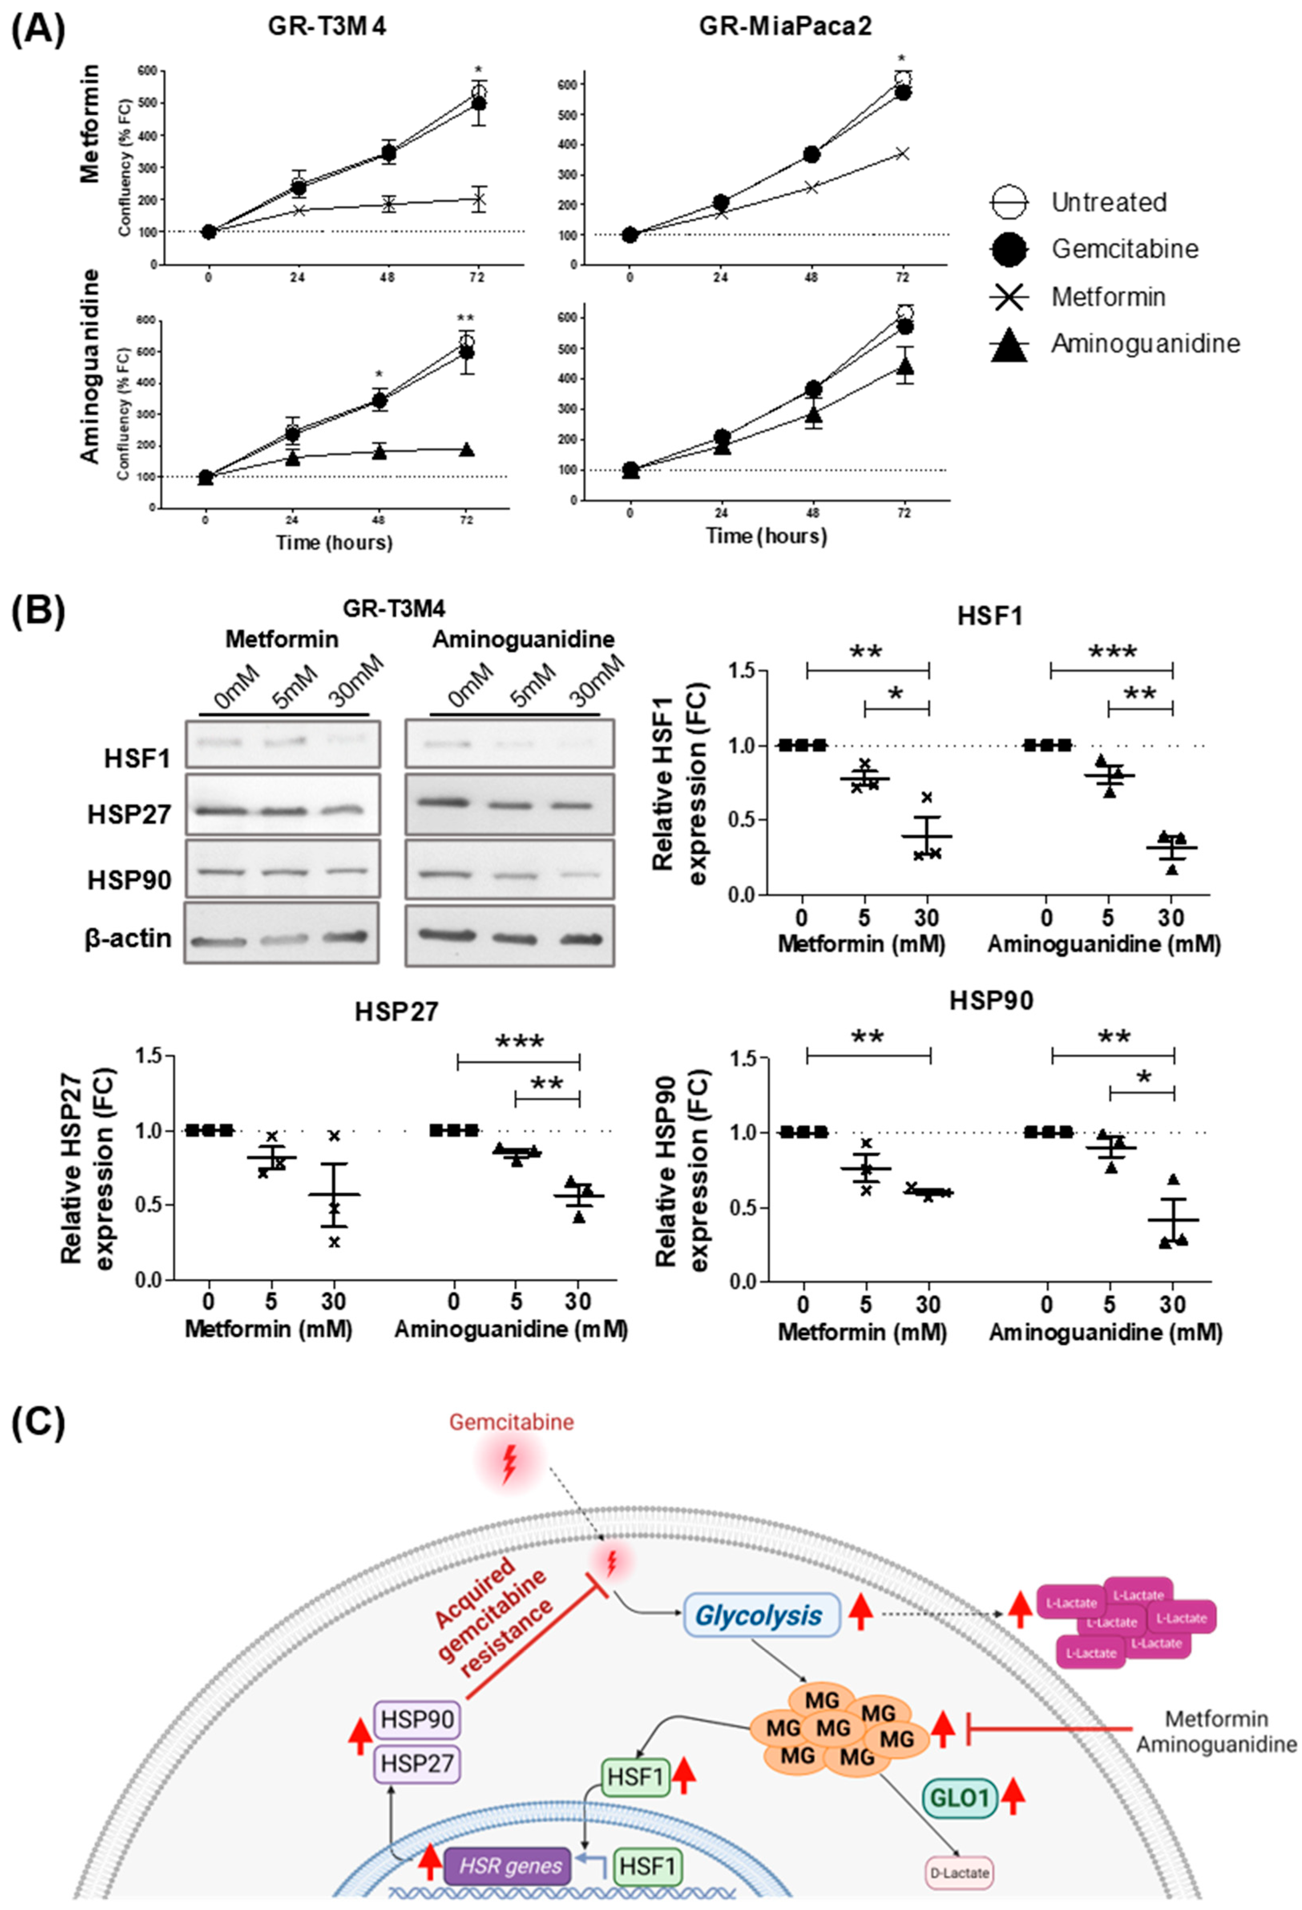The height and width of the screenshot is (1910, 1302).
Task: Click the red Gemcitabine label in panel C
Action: coord(511,1422)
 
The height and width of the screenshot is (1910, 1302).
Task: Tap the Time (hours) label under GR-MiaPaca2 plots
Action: coord(767,536)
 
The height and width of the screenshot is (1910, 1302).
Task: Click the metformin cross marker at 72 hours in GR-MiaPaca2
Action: coord(903,154)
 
